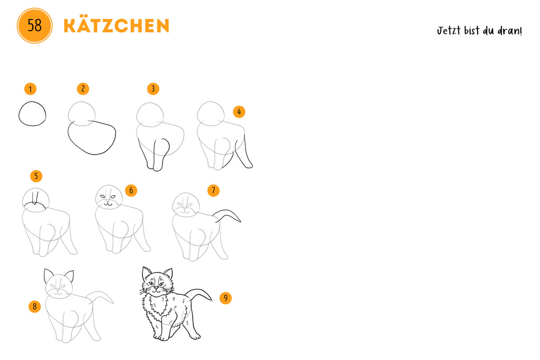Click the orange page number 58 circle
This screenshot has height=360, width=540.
(34, 25)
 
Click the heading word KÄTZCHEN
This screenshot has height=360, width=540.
(116, 25)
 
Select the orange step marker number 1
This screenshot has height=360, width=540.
(31, 88)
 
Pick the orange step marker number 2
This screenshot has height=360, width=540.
(82, 88)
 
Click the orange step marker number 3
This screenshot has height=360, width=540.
(153, 88)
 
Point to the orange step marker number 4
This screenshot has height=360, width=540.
(239, 112)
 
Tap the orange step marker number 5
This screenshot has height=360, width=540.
(36, 176)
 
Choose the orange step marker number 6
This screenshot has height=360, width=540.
(131, 190)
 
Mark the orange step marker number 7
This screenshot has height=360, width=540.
(213, 190)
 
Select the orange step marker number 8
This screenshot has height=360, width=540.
(34, 306)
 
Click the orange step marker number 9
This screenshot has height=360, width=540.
(226, 298)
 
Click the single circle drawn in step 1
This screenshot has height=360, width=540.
(32, 114)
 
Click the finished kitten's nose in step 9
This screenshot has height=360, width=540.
(156, 288)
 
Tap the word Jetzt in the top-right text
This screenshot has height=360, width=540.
(448, 31)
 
